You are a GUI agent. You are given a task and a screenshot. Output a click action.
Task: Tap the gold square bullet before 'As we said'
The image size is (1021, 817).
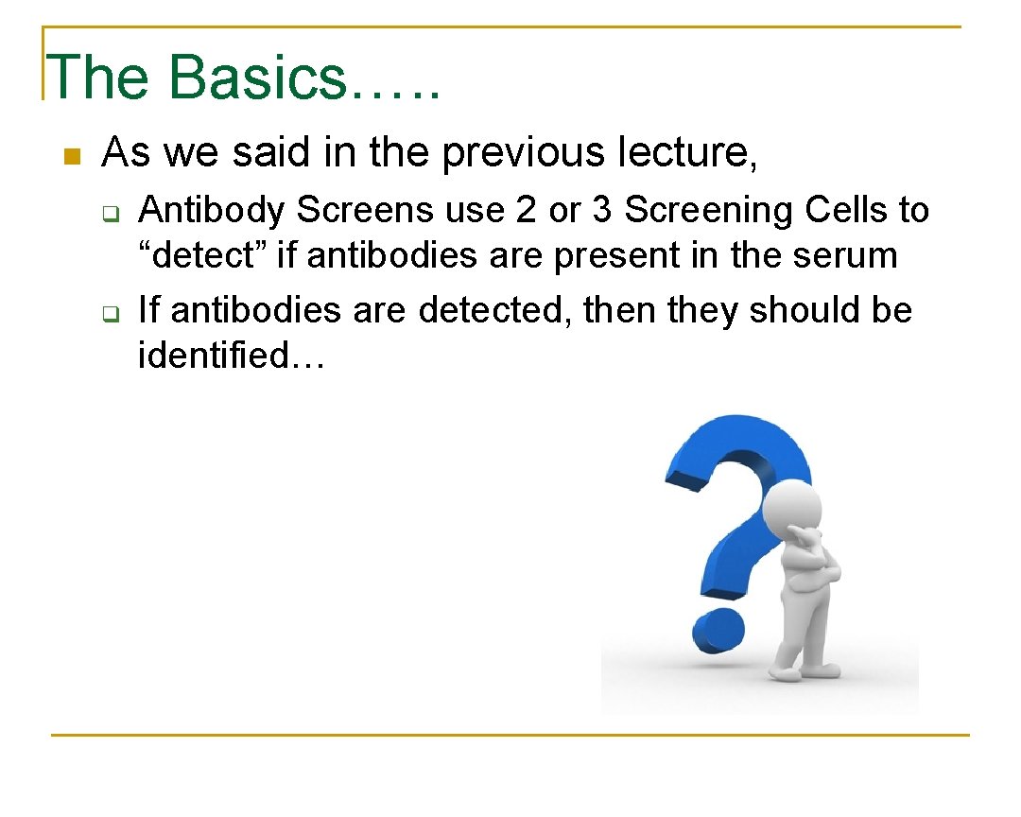(x=69, y=156)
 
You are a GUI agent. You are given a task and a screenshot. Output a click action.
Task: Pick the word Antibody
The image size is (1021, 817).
(x=211, y=211)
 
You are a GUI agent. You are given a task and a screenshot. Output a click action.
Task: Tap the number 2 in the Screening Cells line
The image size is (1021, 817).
(x=526, y=211)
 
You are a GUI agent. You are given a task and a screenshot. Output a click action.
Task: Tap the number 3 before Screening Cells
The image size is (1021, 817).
(x=601, y=211)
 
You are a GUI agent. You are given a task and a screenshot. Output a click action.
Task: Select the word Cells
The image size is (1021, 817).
(x=847, y=211)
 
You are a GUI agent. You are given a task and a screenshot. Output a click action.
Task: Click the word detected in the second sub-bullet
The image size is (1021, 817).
(x=494, y=310)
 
